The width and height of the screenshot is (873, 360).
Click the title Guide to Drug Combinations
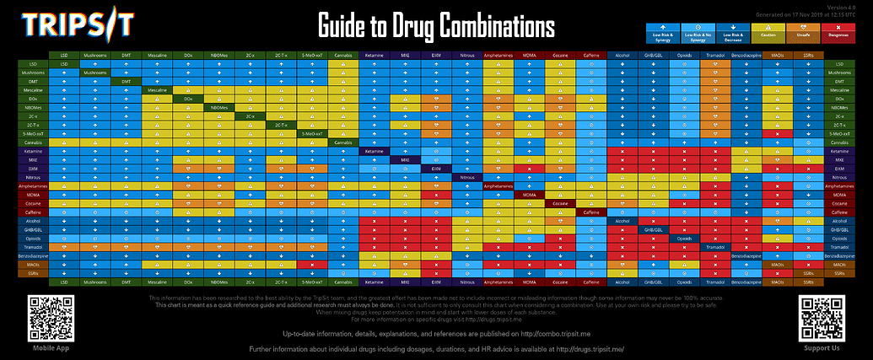pos(436,25)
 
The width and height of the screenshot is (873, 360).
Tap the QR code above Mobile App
pos(49,319)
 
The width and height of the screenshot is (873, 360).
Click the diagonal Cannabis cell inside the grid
pos(342,142)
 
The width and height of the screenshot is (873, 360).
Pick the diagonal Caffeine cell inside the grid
pos(590,212)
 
